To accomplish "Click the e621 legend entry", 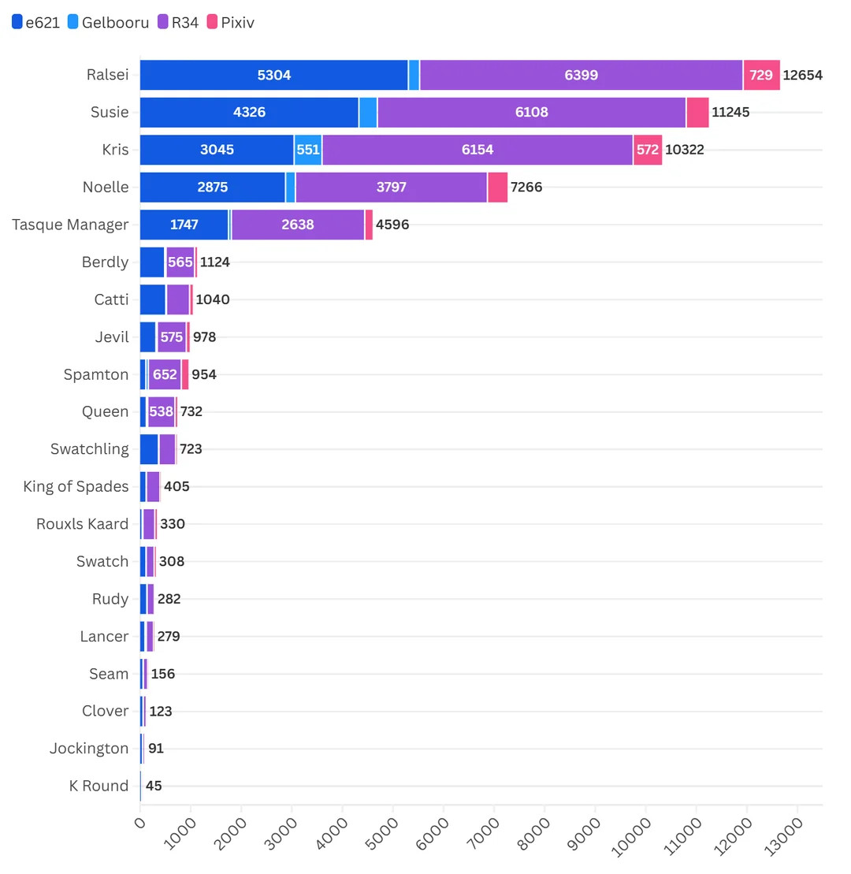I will pyautogui.click(x=35, y=23).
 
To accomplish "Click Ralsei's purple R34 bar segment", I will pyautogui.click(x=581, y=76).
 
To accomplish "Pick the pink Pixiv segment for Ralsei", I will pyautogui.click(x=761, y=76).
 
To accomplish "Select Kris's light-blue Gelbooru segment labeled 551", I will pyautogui.click(x=308, y=150).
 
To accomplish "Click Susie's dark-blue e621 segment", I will pyautogui.click(x=249, y=113).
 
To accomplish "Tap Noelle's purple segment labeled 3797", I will pyautogui.click(x=391, y=188).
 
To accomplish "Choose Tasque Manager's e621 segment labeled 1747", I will pyautogui.click(x=184, y=225).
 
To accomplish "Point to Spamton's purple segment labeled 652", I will pyautogui.click(x=165, y=374).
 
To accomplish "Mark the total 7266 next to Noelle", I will pyautogui.click(x=526, y=188).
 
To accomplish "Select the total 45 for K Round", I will pyautogui.click(x=154, y=786).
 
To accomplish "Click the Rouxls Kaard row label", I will pyautogui.click(x=82, y=524).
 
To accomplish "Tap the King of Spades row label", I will pyautogui.click(x=76, y=486).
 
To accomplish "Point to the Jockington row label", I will pyautogui.click(x=88, y=748).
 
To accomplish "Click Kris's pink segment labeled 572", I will pyautogui.click(x=647, y=150).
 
